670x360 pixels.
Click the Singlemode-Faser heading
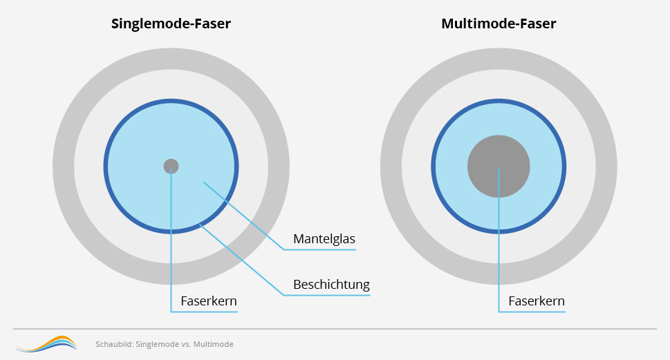[x=171, y=24]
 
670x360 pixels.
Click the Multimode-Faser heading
[x=498, y=24]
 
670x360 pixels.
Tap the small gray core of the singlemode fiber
[x=171, y=166]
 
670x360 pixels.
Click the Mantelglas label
[x=324, y=239]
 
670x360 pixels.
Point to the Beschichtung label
[x=331, y=285]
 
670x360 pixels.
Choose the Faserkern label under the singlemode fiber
[x=209, y=301]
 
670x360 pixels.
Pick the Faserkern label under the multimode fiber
[x=537, y=301]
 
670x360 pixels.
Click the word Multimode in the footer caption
[x=214, y=344]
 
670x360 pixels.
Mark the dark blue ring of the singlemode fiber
[x=106, y=167]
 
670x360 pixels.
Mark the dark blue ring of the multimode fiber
[x=434, y=167]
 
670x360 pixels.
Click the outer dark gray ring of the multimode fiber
[x=391, y=167]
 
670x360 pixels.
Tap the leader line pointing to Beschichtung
[x=242, y=260]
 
